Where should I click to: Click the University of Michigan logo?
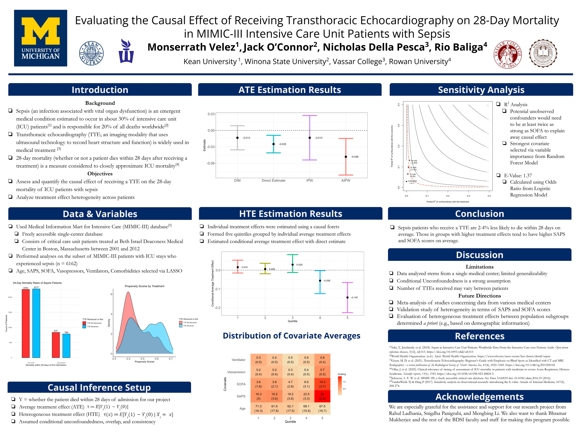[x=40, y=38]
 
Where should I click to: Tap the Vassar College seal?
[x=507, y=54]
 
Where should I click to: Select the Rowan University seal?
[x=543, y=53]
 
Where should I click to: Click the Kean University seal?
[x=91, y=53]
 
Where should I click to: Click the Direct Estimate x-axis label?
[x=273, y=180]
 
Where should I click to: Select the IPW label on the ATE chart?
[x=310, y=180]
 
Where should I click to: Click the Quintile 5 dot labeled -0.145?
[x=347, y=297]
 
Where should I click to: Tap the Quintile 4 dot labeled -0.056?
[x=320, y=281]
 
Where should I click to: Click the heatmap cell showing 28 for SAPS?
[x=322, y=396]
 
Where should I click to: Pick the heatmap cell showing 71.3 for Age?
[x=259, y=409]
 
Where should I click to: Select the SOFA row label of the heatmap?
[x=241, y=384]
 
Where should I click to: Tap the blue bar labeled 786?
[x=66, y=346]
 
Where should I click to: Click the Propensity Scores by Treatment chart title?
[x=145, y=286]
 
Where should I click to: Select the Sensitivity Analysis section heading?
[x=481, y=90]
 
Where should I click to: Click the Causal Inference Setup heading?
[x=99, y=387]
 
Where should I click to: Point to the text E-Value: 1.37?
[x=518, y=176]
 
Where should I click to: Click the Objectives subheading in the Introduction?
[x=100, y=174]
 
